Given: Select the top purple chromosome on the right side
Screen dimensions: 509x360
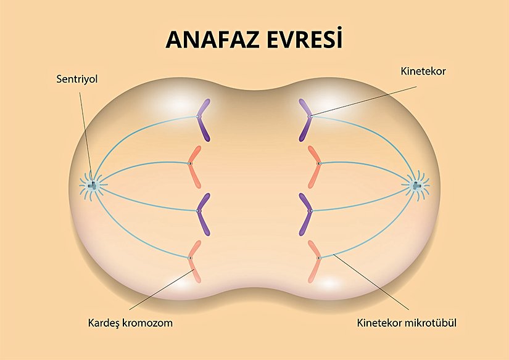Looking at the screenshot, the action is (307, 120).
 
